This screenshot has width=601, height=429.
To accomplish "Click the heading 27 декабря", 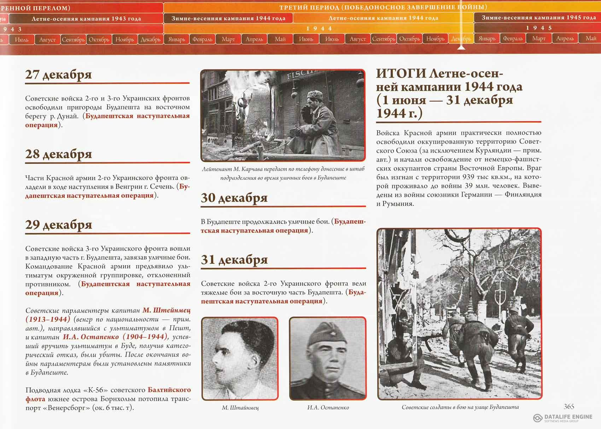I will pyautogui.click(x=58, y=75).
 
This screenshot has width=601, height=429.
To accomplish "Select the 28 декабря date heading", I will pyautogui.click(x=58, y=154).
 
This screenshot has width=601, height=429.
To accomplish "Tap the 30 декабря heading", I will pyautogui.click(x=234, y=198).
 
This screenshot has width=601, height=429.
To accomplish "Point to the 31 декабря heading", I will pyautogui.click(x=234, y=260).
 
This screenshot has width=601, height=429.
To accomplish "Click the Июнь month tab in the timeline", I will pyautogui.click(x=306, y=39).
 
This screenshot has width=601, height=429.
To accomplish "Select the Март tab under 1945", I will pyautogui.click(x=539, y=38).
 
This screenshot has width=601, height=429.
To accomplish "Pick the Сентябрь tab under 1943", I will pyautogui.click(x=73, y=40).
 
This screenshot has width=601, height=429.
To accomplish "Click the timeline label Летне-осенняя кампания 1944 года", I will pyautogui.click(x=383, y=18).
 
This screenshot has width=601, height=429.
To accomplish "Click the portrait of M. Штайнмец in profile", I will pyautogui.click(x=239, y=358).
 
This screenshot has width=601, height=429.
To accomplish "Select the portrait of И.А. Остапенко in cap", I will pyautogui.click(x=327, y=358).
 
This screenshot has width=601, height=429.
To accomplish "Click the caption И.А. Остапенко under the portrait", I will pyautogui.click(x=328, y=407).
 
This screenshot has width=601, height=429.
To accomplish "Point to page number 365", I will pyautogui.click(x=569, y=406).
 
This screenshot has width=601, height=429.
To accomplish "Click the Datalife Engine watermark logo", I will pyautogui.click(x=538, y=418).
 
